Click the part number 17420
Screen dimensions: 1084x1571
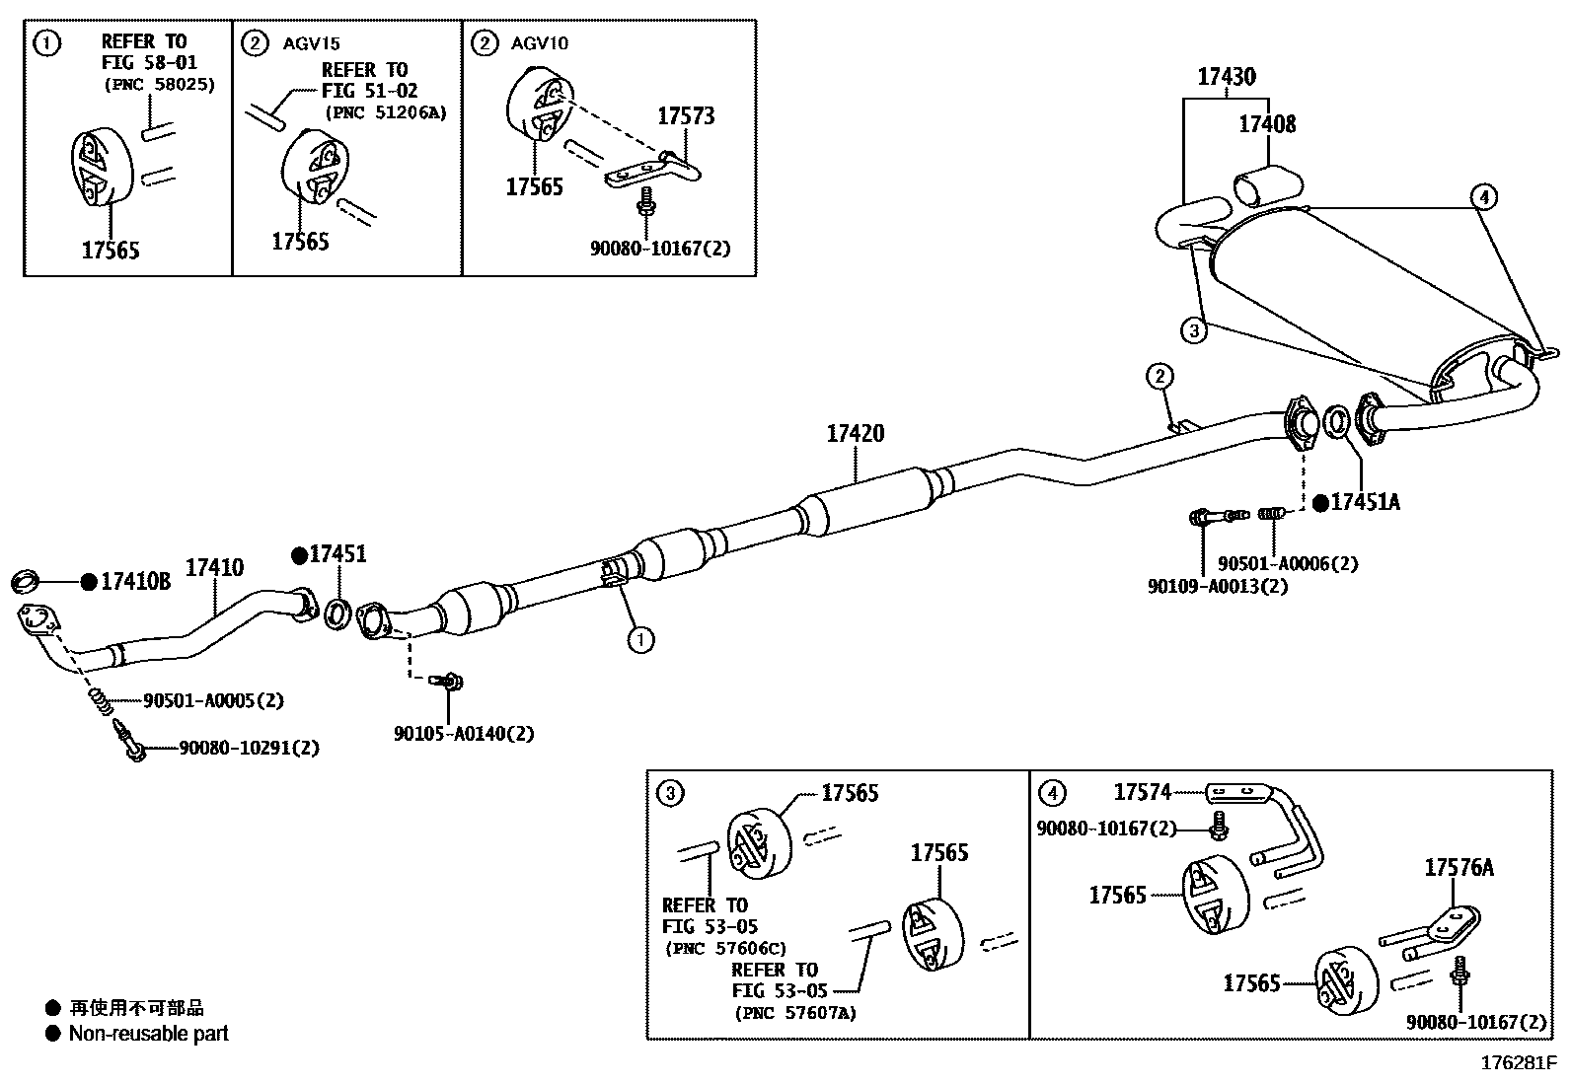(x=855, y=433)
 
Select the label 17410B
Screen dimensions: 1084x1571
(x=135, y=582)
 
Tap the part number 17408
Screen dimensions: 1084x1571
(x=1266, y=124)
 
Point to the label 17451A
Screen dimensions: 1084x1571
(x=1365, y=502)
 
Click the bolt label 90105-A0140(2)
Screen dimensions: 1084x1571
(x=464, y=734)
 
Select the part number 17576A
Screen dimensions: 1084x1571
(x=1458, y=868)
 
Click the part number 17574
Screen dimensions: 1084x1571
(x=1142, y=792)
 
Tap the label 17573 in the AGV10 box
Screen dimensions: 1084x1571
(x=686, y=116)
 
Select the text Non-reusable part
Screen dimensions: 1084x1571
(x=148, y=1034)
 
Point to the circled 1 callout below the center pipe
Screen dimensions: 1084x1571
(x=640, y=640)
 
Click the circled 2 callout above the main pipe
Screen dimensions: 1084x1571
(x=1160, y=376)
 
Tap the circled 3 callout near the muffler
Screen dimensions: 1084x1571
(x=1193, y=330)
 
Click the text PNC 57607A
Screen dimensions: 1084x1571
(x=794, y=1013)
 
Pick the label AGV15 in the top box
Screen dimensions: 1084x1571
(x=312, y=43)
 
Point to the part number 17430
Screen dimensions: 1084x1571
(x=1227, y=77)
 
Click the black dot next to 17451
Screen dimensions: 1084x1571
(x=299, y=555)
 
